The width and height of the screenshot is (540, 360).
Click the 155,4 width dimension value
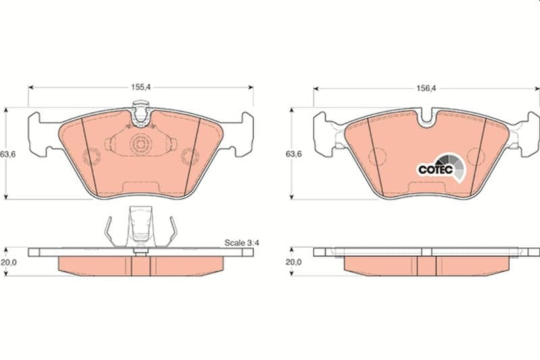click(x=140, y=87)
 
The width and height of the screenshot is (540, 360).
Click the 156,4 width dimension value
click(x=426, y=88)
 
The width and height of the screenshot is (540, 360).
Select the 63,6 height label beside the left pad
click(x=8, y=155)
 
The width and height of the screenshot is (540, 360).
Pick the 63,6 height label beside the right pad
click(x=294, y=154)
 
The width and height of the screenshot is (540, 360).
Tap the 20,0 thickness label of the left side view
click(x=8, y=262)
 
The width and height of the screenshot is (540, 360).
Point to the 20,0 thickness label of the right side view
click(x=294, y=262)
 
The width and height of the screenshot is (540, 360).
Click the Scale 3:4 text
click(x=242, y=243)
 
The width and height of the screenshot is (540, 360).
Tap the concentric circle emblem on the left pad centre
click(x=140, y=145)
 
